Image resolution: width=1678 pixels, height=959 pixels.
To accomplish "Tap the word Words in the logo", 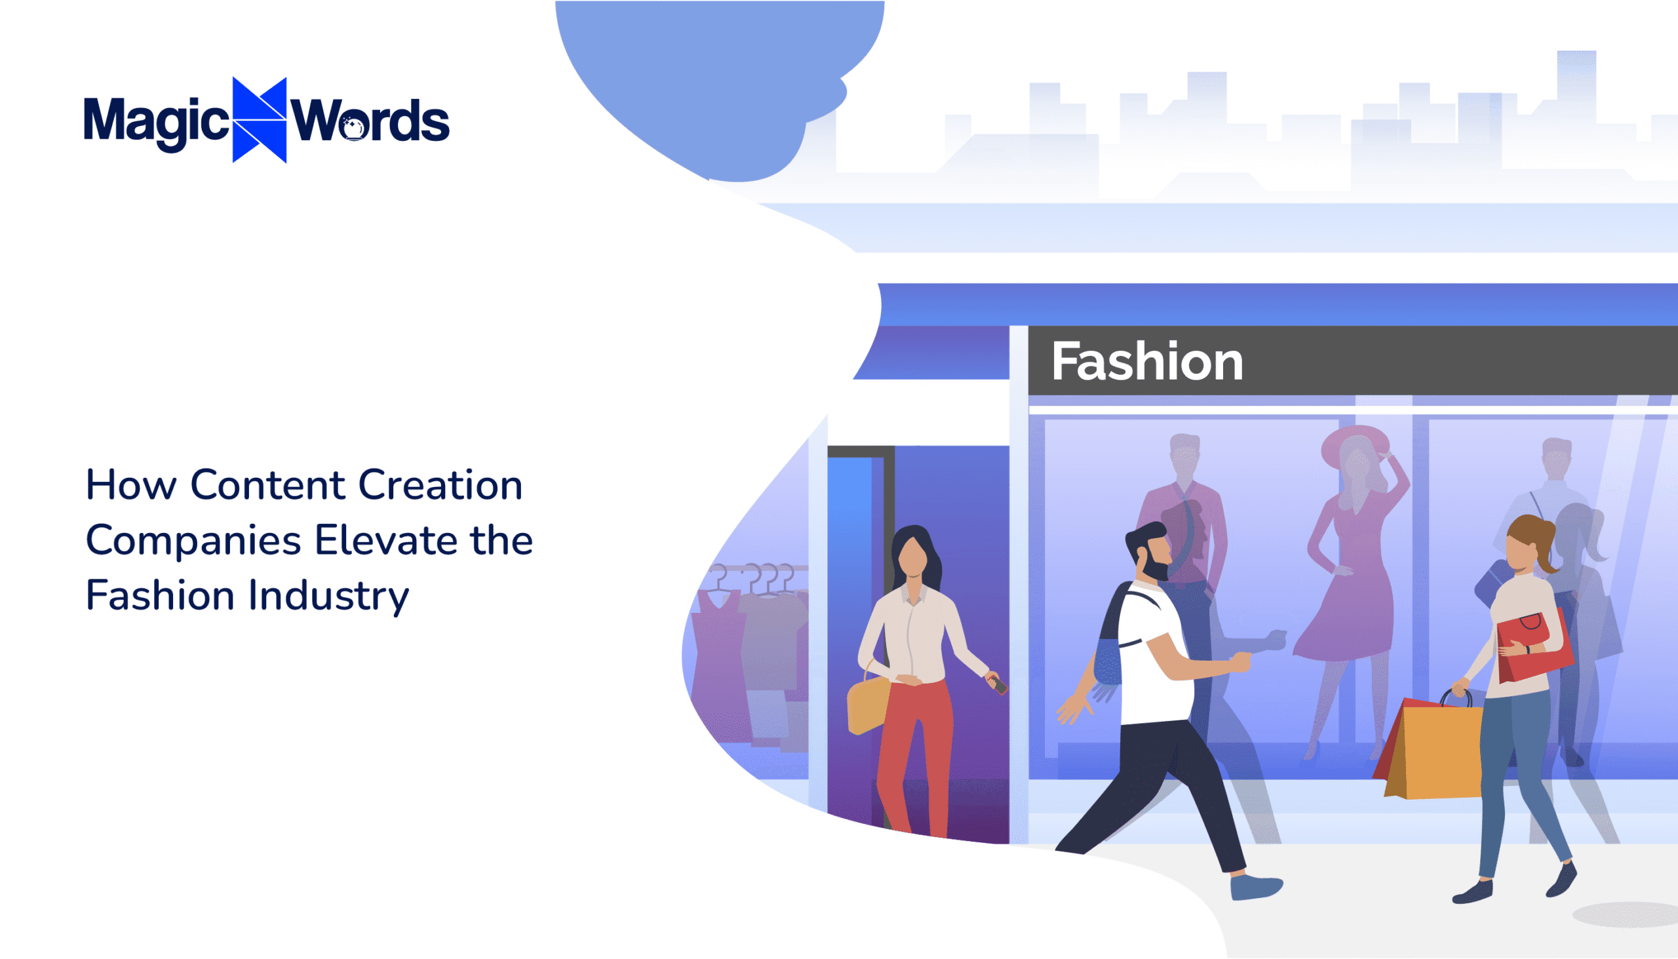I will [x=370, y=121].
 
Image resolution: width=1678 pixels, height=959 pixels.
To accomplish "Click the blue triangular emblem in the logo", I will [x=260, y=120].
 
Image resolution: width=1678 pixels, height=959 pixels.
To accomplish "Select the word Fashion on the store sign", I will [x=1146, y=362].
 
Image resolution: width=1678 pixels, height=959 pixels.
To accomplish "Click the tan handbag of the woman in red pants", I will [x=867, y=705].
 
